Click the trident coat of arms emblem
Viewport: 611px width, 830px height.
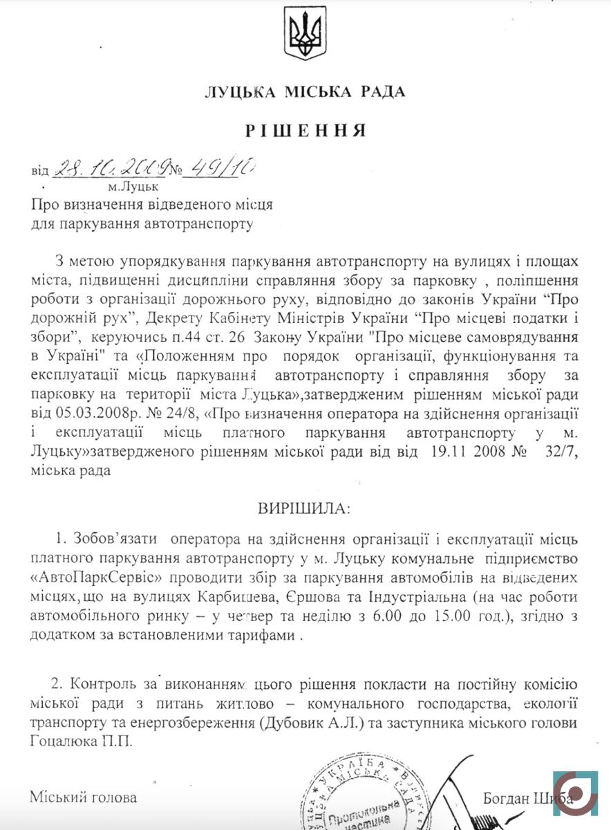click(x=305, y=33)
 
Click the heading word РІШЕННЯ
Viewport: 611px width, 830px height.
click(x=305, y=131)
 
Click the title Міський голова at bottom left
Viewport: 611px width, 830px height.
click(x=83, y=797)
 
